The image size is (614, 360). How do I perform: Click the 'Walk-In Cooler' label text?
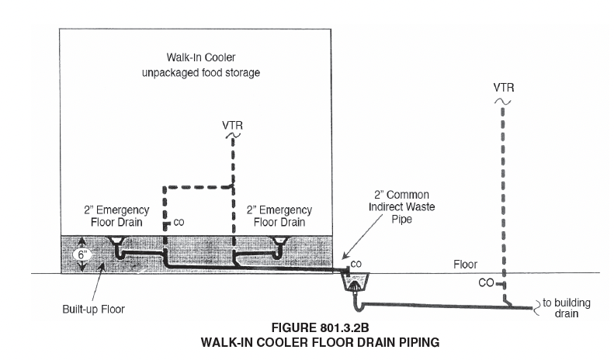point(201,57)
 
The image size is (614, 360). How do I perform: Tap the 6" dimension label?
point(82,255)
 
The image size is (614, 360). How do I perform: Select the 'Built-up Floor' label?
point(94,309)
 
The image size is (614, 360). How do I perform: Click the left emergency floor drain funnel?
point(116,241)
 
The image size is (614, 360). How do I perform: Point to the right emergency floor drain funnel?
point(280,241)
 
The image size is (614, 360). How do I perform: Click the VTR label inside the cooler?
point(233,125)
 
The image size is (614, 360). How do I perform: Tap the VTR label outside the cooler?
point(504,88)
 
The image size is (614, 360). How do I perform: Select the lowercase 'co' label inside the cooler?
point(179,222)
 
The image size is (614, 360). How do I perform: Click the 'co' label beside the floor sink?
point(356,264)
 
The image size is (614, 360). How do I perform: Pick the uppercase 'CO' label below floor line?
point(486,282)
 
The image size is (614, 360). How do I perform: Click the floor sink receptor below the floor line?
point(356,282)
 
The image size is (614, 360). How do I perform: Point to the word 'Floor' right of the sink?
point(465,265)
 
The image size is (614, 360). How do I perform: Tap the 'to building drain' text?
point(566,308)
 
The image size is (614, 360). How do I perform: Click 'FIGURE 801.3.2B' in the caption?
point(320,327)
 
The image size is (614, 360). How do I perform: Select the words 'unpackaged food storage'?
point(201,73)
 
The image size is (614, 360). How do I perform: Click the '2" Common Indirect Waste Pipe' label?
point(402,206)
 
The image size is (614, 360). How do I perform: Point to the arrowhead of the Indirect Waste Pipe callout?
point(343,258)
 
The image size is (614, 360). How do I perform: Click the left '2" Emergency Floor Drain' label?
point(116,216)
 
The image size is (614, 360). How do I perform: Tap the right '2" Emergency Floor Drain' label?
point(279,216)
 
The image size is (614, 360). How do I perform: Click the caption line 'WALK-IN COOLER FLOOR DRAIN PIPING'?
point(320,343)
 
